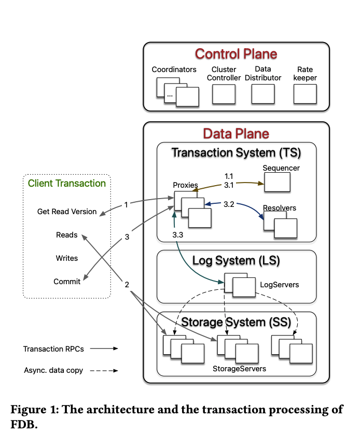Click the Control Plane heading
tap(236, 54)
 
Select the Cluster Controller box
tap(224, 94)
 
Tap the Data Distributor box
tap(263, 94)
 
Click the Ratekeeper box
tap(305, 94)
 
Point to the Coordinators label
tap(174, 69)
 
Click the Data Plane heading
tap(236, 134)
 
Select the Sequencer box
tap(277, 181)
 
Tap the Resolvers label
tap(280, 208)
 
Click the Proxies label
tap(186, 185)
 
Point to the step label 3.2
tap(229, 204)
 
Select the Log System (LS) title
tap(236, 260)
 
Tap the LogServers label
tap(280, 285)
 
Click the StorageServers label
tap(240, 368)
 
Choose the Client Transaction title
tap(67, 183)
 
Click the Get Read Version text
tap(67, 212)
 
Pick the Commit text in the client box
tap(67, 282)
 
